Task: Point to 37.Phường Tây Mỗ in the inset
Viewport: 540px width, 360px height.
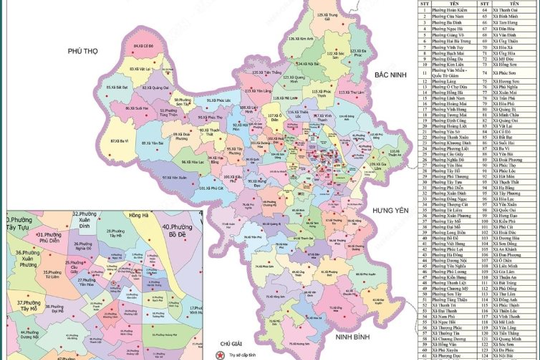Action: point(31,305)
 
